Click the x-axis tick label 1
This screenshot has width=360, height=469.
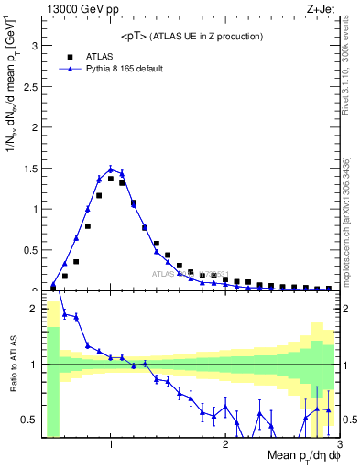[x=111, y=445]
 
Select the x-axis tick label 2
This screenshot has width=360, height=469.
[x=225, y=445]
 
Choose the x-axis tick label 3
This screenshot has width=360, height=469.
[x=339, y=445]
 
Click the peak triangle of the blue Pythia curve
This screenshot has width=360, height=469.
[x=111, y=169]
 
